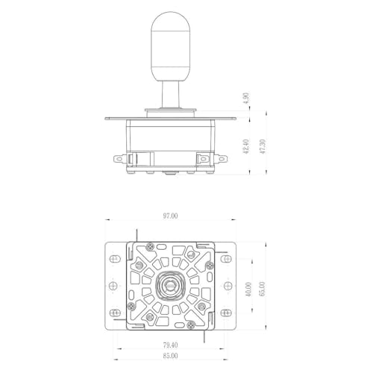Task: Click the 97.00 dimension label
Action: pos(170,216)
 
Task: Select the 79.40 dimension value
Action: pos(170,345)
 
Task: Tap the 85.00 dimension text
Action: pos(170,356)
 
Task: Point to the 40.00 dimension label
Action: pos(248,289)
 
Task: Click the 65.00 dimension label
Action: pos(262,289)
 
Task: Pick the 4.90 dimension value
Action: pos(246,98)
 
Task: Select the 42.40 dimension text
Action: pos(245,146)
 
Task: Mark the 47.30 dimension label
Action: pos(263,146)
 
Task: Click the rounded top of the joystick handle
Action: pos(170,21)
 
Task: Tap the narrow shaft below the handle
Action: pos(171,94)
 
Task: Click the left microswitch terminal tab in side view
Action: pos(120,159)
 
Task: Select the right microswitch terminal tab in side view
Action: pos(221,159)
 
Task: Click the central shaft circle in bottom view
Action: pos(170,286)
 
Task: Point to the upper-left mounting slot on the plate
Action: pos(115,259)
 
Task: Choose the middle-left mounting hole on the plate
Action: pos(113,286)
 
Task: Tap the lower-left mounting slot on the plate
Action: pos(115,313)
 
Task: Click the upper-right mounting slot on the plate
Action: pos(226,259)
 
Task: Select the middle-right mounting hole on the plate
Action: pos(228,286)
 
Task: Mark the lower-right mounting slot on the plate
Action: pos(226,313)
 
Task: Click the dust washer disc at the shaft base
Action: pos(171,110)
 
